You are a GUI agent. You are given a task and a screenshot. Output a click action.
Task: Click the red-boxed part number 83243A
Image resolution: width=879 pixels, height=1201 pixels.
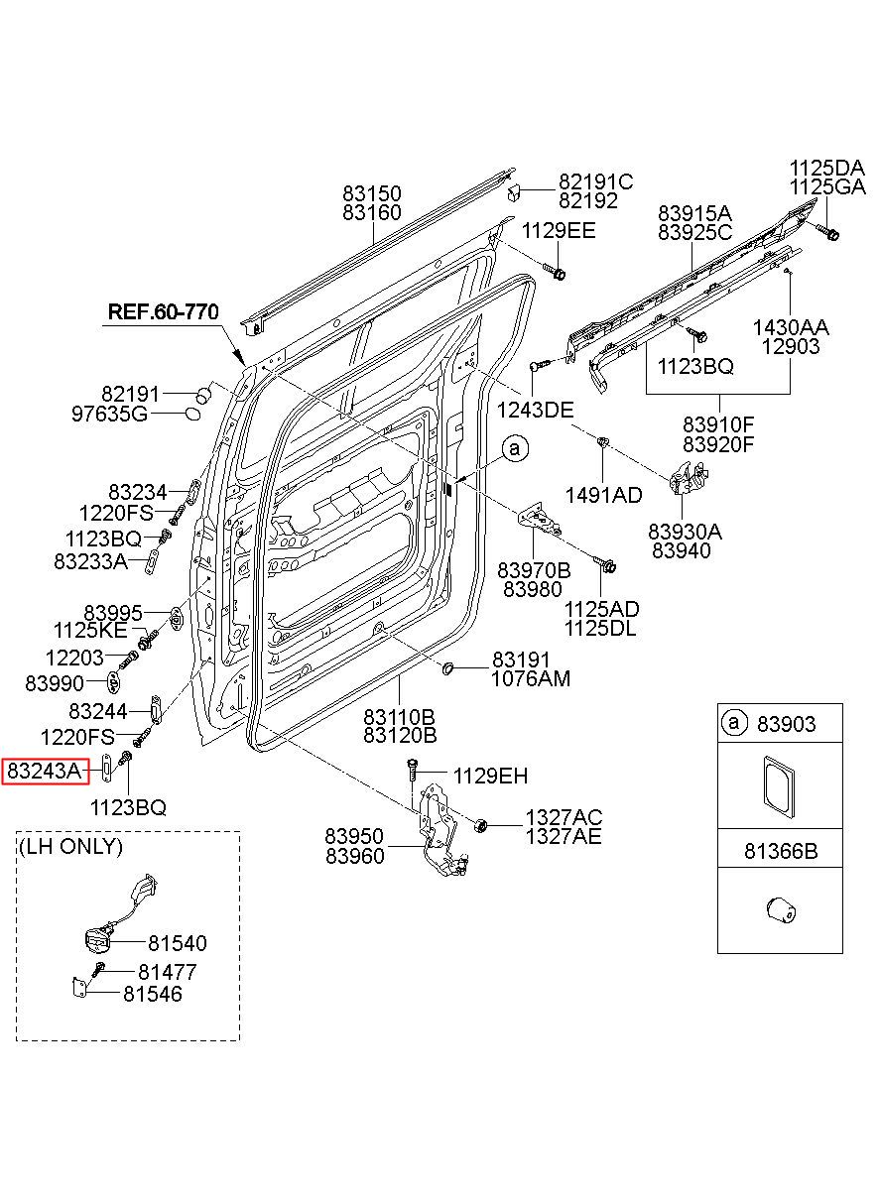click(x=44, y=771)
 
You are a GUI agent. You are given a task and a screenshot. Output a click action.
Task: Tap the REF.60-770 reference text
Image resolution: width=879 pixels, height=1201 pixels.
click(x=163, y=311)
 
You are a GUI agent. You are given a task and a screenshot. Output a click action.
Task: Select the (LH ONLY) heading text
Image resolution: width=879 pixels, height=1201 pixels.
click(x=70, y=846)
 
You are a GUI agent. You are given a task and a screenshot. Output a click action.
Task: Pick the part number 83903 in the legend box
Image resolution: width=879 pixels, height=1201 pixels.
click(x=786, y=724)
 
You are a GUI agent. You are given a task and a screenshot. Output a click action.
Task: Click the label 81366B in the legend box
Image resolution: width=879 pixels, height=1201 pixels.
click(x=781, y=851)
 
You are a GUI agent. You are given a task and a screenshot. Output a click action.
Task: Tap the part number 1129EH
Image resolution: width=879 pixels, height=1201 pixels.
click(x=491, y=776)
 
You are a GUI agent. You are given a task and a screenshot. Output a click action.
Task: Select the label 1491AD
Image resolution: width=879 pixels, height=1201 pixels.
click(x=604, y=495)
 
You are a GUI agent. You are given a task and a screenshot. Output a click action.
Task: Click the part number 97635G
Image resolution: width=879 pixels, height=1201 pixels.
click(x=109, y=414)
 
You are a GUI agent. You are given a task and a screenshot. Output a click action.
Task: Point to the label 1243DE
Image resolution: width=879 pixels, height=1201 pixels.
click(x=535, y=411)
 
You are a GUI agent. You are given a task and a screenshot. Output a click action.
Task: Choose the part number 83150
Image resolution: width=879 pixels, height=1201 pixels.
click(x=372, y=193)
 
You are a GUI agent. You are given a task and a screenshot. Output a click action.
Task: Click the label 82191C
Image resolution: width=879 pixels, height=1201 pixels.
click(x=596, y=181)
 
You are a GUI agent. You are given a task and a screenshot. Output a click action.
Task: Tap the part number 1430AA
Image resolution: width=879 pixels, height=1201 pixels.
click(x=791, y=327)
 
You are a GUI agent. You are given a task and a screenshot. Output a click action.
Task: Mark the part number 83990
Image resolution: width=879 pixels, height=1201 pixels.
click(x=55, y=683)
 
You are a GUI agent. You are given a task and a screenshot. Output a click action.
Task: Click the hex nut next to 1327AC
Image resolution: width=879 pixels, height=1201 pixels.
click(x=480, y=825)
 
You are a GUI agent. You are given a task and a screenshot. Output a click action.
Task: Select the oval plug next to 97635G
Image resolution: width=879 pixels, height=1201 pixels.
click(x=192, y=414)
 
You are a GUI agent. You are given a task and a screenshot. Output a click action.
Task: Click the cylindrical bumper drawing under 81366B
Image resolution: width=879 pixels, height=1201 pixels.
click(x=781, y=909)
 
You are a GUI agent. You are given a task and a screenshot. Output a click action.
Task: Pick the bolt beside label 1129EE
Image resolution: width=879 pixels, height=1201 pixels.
click(x=555, y=272)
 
